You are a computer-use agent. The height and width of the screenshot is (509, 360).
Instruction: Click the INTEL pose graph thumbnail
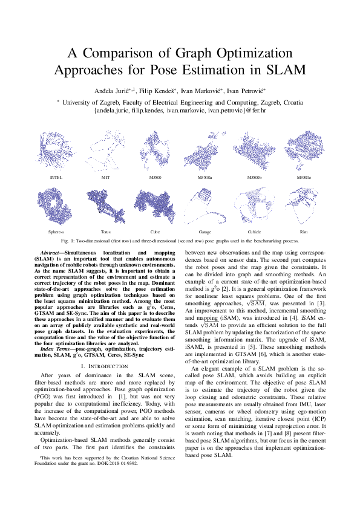pyautogui.click(x=56, y=152)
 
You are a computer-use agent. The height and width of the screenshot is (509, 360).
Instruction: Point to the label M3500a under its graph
pyautogui.click(x=205, y=177)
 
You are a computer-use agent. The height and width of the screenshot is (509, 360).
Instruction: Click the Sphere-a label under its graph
pyautogui.click(x=56, y=232)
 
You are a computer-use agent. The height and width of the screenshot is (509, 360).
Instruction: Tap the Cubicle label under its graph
pyautogui.click(x=254, y=232)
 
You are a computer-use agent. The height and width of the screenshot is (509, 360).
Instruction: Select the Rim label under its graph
pyautogui.click(x=304, y=232)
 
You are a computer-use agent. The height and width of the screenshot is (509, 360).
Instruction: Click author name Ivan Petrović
pyautogui.click(x=248, y=90)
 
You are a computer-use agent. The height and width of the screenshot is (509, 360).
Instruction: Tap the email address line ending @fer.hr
pyautogui.click(x=180, y=111)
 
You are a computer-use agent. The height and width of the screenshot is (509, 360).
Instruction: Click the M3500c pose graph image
pyautogui.click(x=304, y=152)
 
